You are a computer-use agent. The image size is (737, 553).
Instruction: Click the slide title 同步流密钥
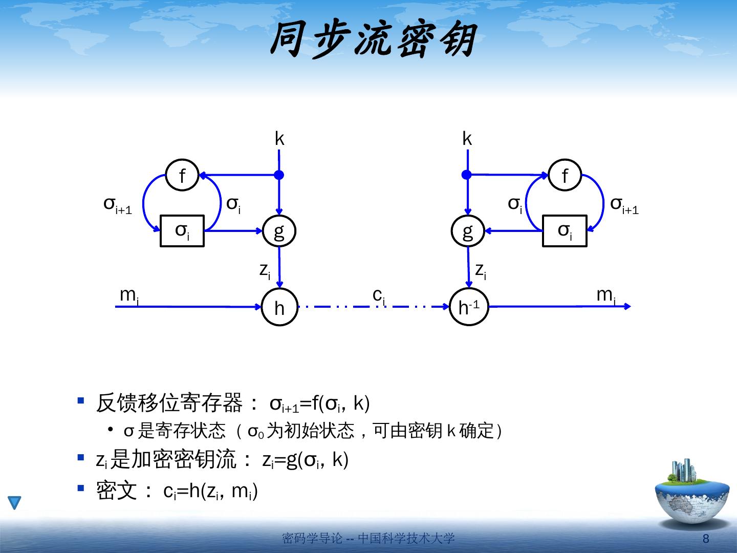coord(373,40)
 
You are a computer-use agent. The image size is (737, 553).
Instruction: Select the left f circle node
coord(183,175)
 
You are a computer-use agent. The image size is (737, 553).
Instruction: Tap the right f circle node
coord(565,175)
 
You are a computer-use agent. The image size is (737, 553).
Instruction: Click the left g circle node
coord(279,231)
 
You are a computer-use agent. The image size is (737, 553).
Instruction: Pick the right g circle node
coord(468,231)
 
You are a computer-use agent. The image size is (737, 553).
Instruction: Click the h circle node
coord(279,307)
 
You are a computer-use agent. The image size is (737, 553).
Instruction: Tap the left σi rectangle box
coord(182,231)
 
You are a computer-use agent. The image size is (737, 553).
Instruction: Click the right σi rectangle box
coord(565,231)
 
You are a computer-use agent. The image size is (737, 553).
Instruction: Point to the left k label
coord(279,139)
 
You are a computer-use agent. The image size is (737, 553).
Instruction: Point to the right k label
coord(467,139)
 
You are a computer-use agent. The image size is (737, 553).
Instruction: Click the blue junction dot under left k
coord(279,175)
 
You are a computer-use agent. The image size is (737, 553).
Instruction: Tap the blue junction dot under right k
coord(466,175)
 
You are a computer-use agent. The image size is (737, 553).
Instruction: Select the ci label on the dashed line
coord(379,295)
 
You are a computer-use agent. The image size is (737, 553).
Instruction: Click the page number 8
coord(706,539)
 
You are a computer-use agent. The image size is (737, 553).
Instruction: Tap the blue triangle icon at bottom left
coord(14,503)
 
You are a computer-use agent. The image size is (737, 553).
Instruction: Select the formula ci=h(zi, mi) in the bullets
coord(210,492)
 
